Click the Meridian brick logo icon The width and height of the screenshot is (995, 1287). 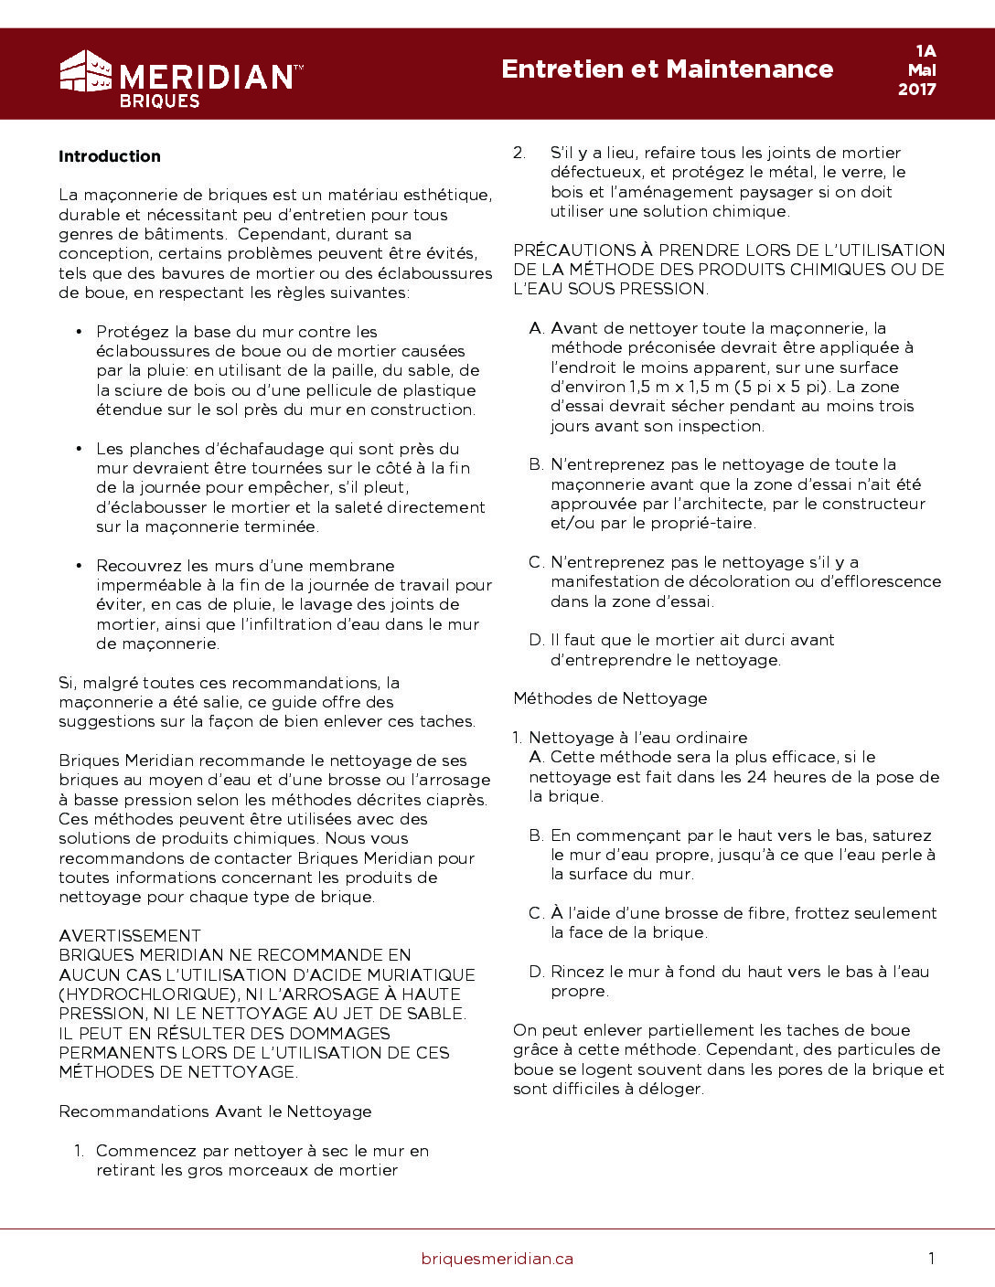pos(85,71)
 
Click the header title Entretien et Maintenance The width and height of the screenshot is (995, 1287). pos(667,69)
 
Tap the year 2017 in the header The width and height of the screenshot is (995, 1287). pos(916,90)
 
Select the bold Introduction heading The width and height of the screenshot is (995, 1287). pos(110,156)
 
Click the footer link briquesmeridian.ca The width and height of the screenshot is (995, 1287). pos(497,1259)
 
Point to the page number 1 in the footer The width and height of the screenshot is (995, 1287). pos(931,1259)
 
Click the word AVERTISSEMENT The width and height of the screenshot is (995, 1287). pos(130,936)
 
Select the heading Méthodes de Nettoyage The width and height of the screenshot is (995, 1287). pos(610,698)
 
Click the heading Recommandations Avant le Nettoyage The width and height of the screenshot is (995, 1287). pos(215,1111)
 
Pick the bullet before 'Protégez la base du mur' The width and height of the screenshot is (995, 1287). pos(79,332)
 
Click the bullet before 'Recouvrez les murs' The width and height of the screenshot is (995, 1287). pos(79,566)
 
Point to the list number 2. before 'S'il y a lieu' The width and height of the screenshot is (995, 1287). pos(519,153)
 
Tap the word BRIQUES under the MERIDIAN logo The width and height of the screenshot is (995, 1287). pos(159,101)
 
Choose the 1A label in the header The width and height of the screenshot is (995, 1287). pos(925,51)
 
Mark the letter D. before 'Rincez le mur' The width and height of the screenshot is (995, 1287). pos(536,972)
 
